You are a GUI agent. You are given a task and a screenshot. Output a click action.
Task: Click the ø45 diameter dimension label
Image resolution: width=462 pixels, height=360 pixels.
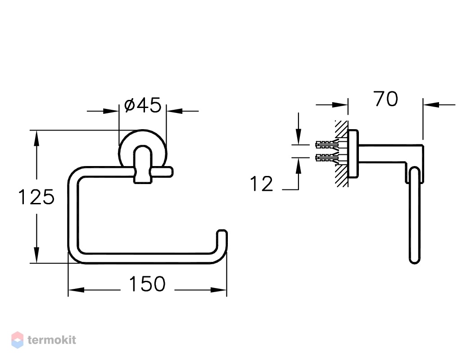click(x=143, y=105)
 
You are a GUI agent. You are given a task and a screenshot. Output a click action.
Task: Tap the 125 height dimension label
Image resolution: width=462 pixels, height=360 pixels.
click(x=36, y=197)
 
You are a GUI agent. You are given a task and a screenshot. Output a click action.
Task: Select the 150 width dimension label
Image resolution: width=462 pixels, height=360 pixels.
click(x=147, y=284)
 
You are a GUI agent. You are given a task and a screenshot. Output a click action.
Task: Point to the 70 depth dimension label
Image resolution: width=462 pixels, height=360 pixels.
click(x=386, y=99)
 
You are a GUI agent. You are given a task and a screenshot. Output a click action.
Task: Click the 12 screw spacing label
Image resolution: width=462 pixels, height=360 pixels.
click(x=262, y=184)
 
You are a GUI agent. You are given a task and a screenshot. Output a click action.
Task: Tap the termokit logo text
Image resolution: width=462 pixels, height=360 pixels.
click(x=52, y=340)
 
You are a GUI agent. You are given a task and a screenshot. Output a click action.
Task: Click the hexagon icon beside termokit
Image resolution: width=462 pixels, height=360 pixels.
click(x=18, y=340)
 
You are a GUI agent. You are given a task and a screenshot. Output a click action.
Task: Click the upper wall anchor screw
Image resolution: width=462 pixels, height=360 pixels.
click(x=326, y=144)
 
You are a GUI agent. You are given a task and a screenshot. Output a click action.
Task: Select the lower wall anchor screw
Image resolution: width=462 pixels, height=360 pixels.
click(x=326, y=158)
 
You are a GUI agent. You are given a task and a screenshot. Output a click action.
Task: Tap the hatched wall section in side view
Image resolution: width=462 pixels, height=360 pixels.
click(x=341, y=153)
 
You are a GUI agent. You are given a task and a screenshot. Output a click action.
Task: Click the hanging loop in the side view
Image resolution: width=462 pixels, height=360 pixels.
click(x=415, y=215)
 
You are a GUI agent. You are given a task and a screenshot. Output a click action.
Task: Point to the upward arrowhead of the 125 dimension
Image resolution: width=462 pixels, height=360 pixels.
click(x=36, y=138)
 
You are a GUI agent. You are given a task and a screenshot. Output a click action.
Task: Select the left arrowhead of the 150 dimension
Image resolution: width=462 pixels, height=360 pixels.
click(x=76, y=290)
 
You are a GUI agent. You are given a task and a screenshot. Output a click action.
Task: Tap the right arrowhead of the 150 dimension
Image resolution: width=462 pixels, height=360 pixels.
click(x=219, y=290)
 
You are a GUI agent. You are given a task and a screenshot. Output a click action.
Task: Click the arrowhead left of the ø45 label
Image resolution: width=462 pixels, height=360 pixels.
click(x=111, y=111)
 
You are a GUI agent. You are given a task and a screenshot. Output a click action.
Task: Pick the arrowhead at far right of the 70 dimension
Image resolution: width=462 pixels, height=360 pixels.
click(x=431, y=104)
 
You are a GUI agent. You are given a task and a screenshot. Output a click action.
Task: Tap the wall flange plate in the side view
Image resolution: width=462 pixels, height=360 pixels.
click(x=353, y=153)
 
